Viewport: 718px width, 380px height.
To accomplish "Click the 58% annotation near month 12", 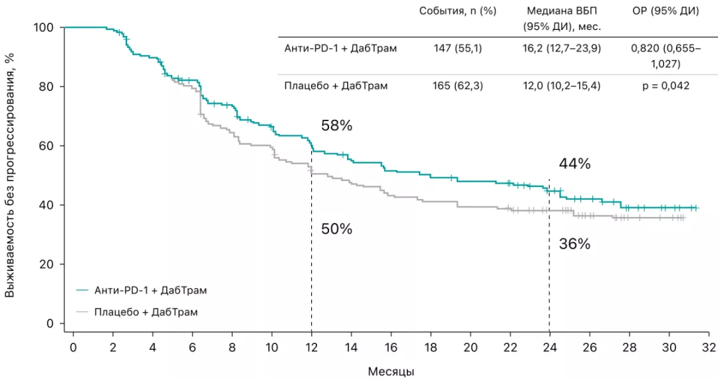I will (336, 126).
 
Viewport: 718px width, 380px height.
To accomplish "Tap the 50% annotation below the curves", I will (336, 230).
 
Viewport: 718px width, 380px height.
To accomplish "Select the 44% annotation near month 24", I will (574, 164).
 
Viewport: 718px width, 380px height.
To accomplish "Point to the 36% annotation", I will (574, 244).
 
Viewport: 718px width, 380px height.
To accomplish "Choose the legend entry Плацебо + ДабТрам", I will (146, 311).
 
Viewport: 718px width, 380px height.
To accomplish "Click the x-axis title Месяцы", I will (391, 371).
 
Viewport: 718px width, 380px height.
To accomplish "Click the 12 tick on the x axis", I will (311, 347).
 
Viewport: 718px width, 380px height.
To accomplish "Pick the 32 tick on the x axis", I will (709, 347).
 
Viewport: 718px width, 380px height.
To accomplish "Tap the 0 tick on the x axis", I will (73, 347).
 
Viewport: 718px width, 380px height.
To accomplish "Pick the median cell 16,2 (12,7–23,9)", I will (563, 49).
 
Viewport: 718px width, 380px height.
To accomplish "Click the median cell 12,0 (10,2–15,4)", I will (563, 86).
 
